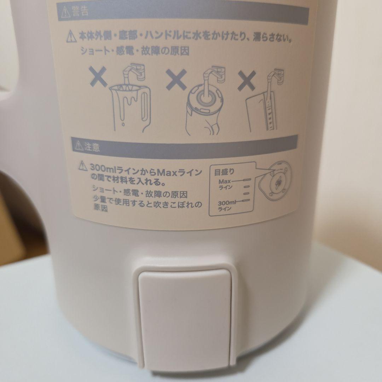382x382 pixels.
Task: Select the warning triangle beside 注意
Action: pyautogui.click(x=78, y=146)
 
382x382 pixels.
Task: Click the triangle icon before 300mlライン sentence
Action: pyautogui.click(x=82, y=165)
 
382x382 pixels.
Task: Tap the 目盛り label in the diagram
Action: pyautogui.click(x=224, y=173)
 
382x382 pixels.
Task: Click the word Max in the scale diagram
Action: pyautogui.click(x=225, y=181)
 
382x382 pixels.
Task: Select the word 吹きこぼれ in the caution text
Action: pyautogui.click(x=175, y=204)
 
